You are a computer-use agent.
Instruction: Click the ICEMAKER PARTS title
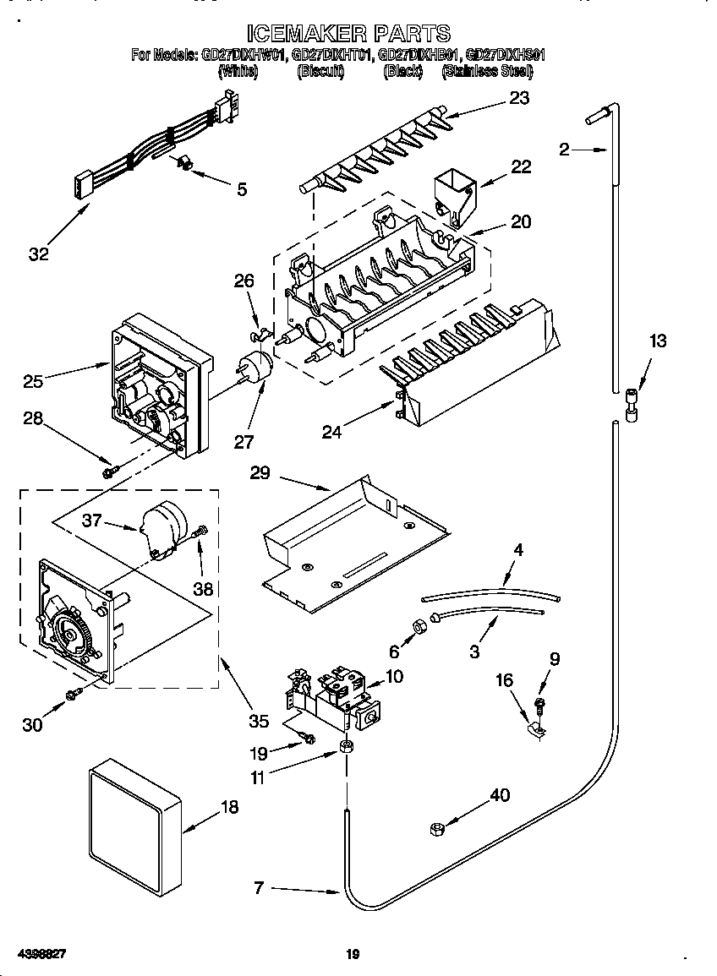348,34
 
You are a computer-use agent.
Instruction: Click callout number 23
519,98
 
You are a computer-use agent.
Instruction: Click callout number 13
657,341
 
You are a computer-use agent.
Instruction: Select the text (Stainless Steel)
487,73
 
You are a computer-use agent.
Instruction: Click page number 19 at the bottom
353,955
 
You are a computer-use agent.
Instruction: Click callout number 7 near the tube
260,887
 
